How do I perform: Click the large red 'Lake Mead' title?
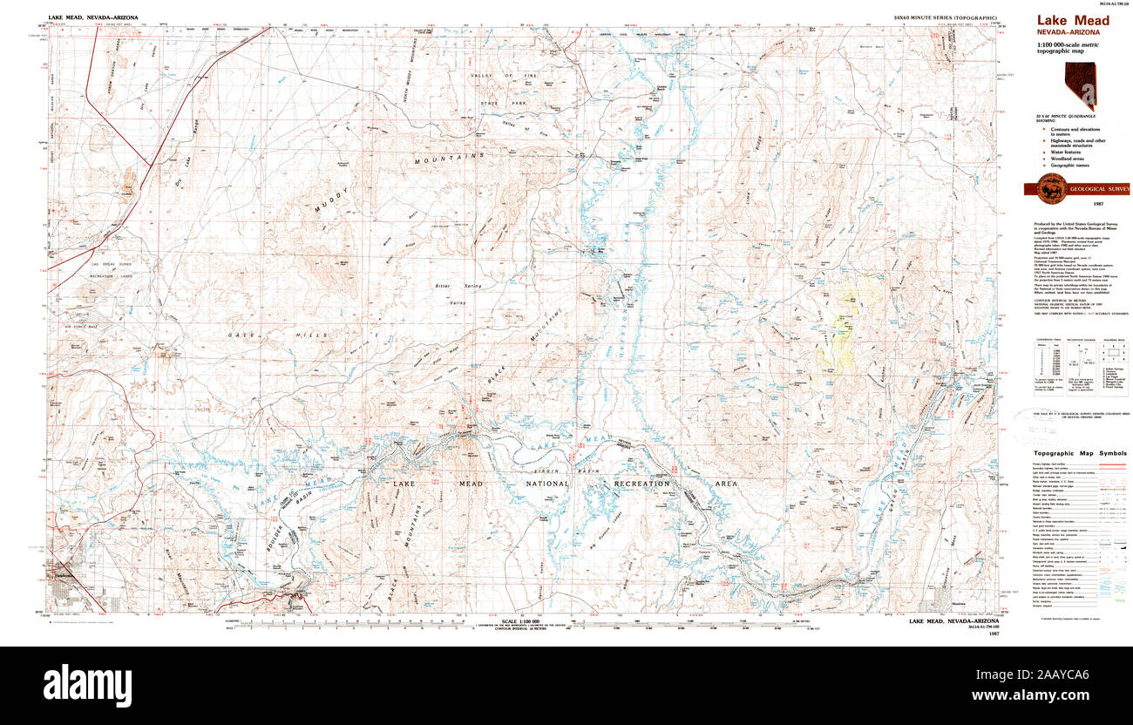(x=1071, y=21)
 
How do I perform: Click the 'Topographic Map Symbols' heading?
(x=1080, y=454)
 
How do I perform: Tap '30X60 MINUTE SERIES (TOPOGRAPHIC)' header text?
(x=945, y=17)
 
